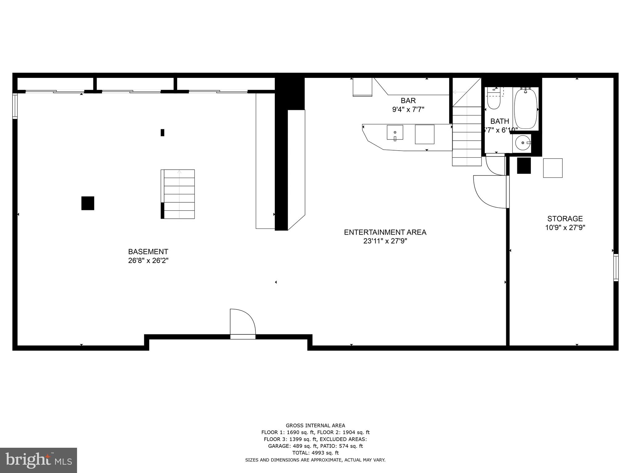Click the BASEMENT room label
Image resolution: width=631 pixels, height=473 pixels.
click(148, 252)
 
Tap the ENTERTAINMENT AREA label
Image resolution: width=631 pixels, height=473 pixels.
click(385, 232)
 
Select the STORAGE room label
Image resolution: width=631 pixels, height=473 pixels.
click(565, 219)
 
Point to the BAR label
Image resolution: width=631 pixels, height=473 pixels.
click(408, 100)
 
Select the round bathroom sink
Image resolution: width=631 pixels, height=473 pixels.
click(523, 143)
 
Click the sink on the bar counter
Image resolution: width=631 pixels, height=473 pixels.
click(395, 132)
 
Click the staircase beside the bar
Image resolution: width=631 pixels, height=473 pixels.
click(467, 135)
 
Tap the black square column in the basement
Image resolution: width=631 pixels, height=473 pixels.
click(88, 203)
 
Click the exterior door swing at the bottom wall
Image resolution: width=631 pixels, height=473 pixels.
click(242, 322)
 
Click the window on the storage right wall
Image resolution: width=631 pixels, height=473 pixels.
click(616, 267)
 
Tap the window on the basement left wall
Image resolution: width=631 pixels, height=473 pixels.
click(15, 106)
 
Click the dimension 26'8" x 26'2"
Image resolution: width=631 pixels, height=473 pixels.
click(148, 261)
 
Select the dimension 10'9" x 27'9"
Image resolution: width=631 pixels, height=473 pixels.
click(565, 228)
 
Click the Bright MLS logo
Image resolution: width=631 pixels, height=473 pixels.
click(39, 460)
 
